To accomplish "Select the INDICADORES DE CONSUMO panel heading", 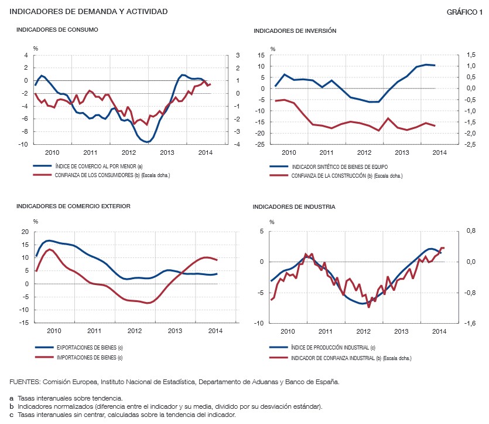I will (57, 29).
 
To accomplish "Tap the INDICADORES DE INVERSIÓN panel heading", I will (295, 30).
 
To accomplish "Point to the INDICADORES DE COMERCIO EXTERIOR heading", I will (73, 206).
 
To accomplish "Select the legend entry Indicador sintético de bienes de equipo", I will (340, 167).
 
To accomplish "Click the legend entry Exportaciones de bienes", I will (88, 348).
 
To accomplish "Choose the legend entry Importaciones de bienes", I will (88, 357).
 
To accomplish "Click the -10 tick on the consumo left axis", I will (24, 144).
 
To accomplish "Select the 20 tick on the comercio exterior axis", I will (25, 232).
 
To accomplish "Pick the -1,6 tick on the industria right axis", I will (467, 324).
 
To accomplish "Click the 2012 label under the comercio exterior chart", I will (136, 331).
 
